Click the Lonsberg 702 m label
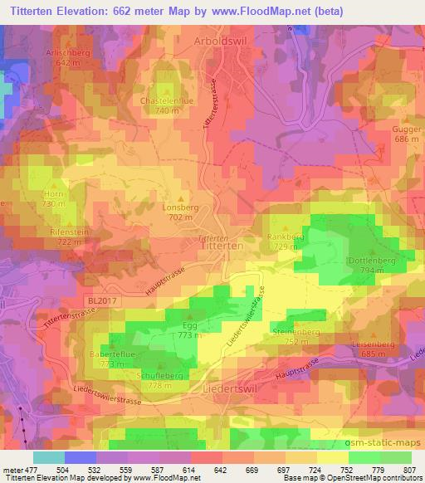180,212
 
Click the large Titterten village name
222,247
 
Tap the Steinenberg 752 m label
301,336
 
